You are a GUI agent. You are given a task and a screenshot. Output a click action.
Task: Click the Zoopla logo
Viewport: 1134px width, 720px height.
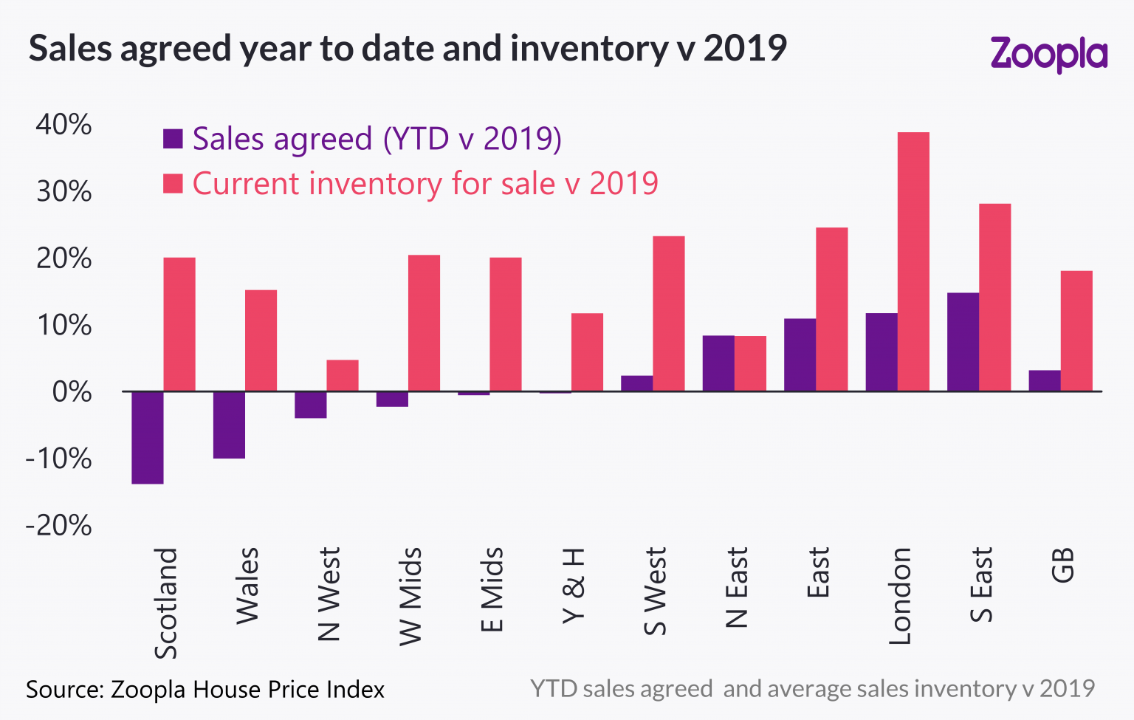[x=1048, y=54]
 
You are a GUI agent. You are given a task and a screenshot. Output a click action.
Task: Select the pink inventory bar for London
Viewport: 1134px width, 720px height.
[x=913, y=261]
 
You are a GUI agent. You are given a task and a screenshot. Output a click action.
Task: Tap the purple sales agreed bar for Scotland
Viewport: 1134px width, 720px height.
[x=148, y=437]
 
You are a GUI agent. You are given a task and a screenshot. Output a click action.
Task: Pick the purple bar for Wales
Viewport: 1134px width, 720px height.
[x=229, y=425]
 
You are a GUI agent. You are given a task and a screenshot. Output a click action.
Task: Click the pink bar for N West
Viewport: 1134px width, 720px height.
[x=343, y=375]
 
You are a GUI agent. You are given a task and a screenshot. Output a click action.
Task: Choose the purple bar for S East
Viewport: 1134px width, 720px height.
[x=963, y=342]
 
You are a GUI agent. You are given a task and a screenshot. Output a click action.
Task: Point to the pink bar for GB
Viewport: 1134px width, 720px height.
[x=1076, y=331]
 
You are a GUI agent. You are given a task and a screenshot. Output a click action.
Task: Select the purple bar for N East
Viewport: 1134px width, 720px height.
[x=718, y=363]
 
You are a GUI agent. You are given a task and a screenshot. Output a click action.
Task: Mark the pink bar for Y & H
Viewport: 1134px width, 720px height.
[x=587, y=352]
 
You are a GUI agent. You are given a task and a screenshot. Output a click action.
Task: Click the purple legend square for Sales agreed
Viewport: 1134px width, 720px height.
[x=173, y=139]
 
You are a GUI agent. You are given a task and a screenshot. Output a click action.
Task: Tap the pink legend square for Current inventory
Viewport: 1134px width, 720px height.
[x=173, y=184]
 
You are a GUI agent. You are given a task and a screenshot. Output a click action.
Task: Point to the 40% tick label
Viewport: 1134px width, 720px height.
[x=64, y=124]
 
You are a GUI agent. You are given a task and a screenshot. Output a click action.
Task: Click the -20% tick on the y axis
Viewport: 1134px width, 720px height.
[x=59, y=526]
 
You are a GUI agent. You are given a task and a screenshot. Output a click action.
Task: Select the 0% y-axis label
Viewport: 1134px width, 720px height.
[x=72, y=392]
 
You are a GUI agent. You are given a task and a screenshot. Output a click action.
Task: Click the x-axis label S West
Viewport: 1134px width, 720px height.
[x=655, y=592]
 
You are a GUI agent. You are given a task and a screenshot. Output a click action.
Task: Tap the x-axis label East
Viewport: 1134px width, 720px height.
[x=818, y=573]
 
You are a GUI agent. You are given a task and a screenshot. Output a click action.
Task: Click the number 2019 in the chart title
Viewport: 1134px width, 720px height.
[x=745, y=48]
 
